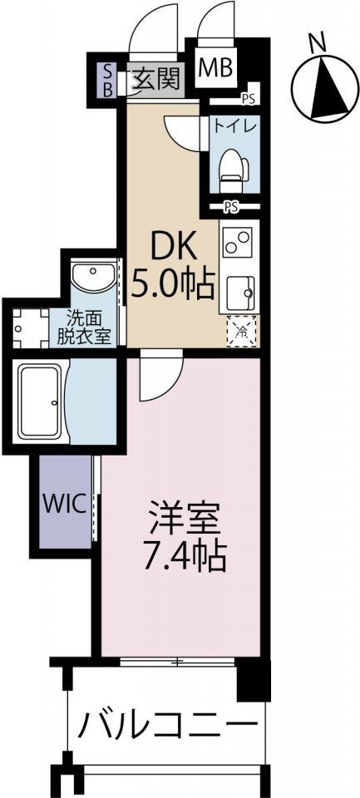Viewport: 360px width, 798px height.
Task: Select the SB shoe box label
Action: (106, 80)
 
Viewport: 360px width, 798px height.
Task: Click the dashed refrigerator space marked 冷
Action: (241, 330)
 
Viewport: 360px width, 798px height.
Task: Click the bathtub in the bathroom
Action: (41, 404)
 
